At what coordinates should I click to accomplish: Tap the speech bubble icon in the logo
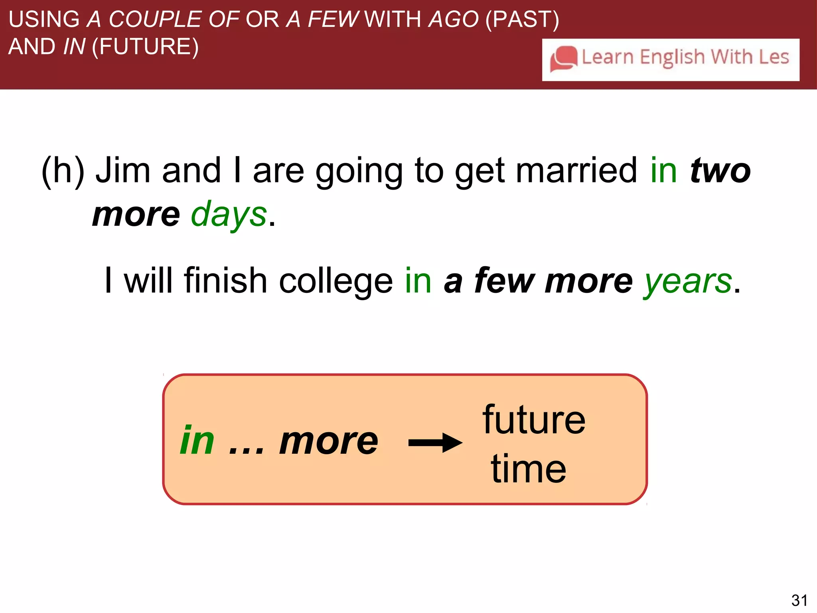pos(563,59)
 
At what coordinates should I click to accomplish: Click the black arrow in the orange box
pos(435,443)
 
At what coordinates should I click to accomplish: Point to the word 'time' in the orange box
pos(529,469)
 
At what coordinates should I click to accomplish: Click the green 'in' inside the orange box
pos(197,441)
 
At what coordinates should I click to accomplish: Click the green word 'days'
pos(229,215)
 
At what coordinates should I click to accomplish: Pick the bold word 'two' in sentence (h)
pos(720,171)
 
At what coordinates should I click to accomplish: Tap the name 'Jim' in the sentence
pos(123,171)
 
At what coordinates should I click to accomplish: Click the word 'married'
pos(576,171)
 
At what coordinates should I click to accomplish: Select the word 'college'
pos(336,281)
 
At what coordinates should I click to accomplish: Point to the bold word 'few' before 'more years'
pos(504,281)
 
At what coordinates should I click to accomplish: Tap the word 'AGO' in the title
pos(454,19)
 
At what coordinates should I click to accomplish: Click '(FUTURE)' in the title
pos(145,47)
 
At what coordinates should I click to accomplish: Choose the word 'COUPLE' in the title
pos(155,19)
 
